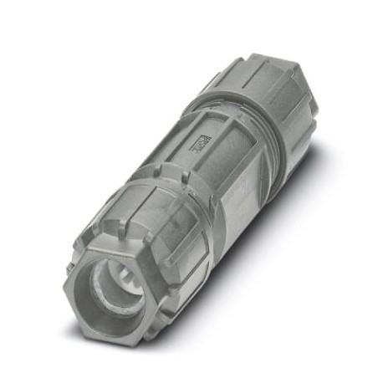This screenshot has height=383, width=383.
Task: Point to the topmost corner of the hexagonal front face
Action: click(x=100, y=234)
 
